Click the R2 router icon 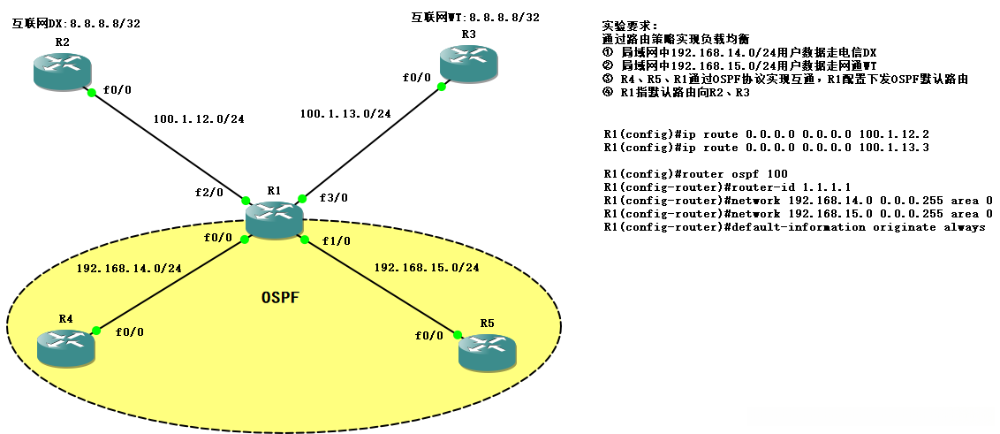tap(63, 70)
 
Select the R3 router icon tap(469, 63)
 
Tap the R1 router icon tap(274, 219)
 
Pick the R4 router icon tap(65, 348)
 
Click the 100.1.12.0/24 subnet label tap(199, 118)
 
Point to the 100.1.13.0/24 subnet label tap(345, 114)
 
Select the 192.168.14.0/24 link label tap(129, 269)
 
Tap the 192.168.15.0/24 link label tap(427, 268)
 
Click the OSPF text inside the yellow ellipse tap(280, 297)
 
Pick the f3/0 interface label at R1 tap(335, 197)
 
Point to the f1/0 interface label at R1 tap(336, 242)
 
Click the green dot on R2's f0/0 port tap(92, 93)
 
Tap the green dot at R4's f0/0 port tap(96, 331)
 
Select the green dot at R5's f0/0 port tap(458, 333)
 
